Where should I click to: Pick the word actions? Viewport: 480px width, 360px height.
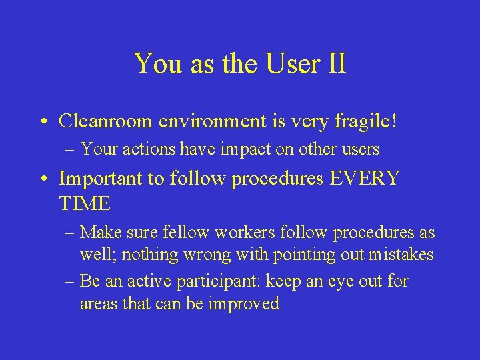pyautogui.click(x=153, y=149)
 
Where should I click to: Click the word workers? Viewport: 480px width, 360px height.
pyautogui.click(x=231, y=233)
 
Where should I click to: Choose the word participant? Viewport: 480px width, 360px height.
pyautogui.click(x=217, y=281)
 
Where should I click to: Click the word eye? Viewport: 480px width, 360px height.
pyautogui.click(x=337, y=281)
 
